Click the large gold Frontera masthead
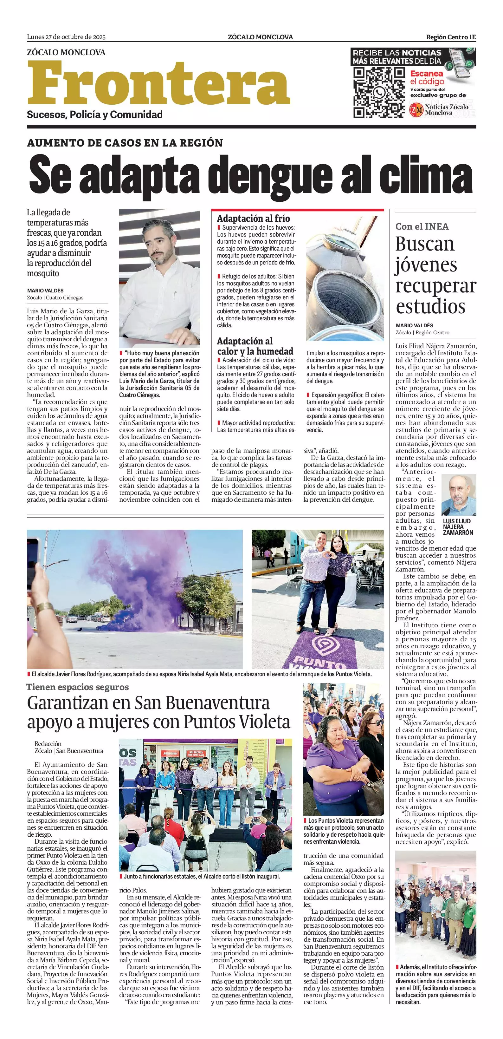tap(158, 83)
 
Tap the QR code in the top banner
tap(378, 93)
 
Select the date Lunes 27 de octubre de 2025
tap(66, 37)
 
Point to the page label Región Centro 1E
tap(451, 37)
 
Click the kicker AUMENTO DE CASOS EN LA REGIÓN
tap(125, 143)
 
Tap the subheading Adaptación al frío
tap(253, 218)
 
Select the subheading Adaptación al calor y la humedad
tap(255, 346)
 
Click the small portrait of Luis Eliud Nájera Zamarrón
tap(459, 494)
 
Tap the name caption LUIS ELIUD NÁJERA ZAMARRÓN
tap(458, 527)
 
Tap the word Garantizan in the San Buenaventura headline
tap(67, 703)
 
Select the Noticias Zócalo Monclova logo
tap(439, 109)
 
